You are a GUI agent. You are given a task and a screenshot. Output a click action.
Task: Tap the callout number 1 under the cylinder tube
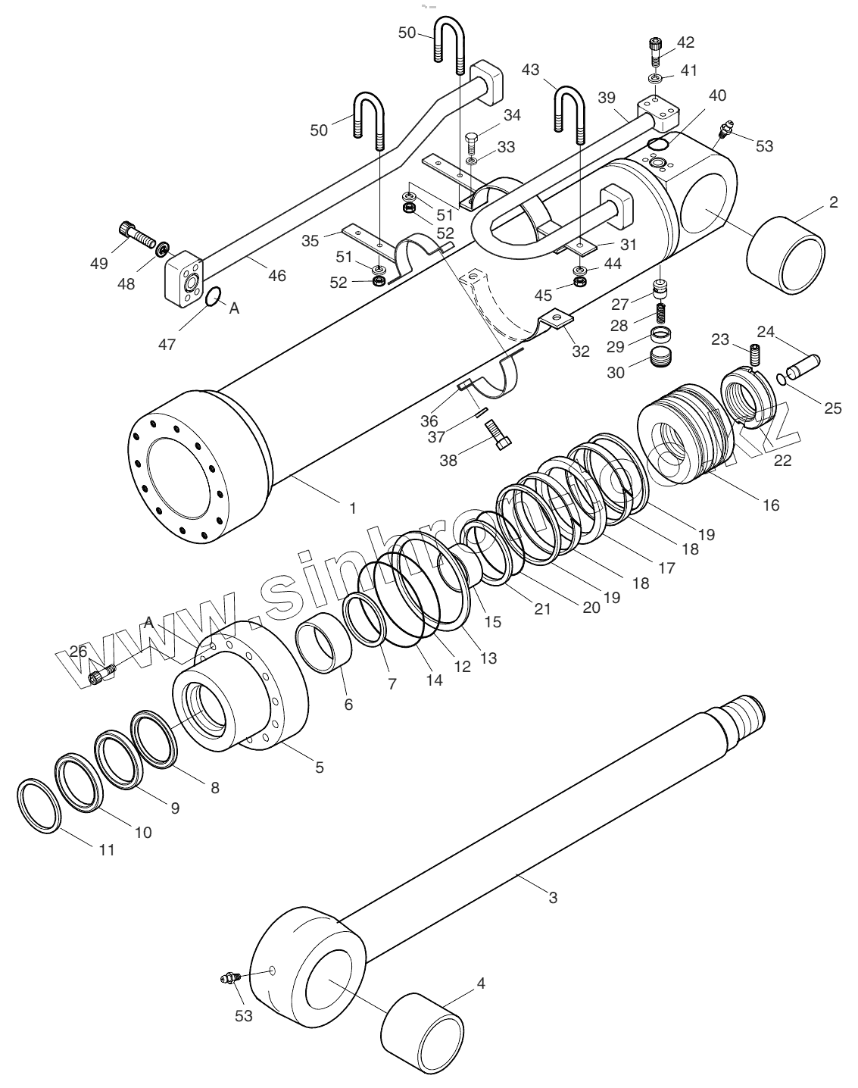coord(352,508)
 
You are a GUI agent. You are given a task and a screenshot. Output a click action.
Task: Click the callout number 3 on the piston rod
coord(553,897)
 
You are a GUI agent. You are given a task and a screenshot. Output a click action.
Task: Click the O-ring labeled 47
coord(214,298)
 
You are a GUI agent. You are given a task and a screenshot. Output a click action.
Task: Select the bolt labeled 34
coord(471,142)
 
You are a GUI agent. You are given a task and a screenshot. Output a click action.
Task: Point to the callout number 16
coord(770,505)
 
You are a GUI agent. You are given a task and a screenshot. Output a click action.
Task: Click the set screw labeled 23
coord(753,352)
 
